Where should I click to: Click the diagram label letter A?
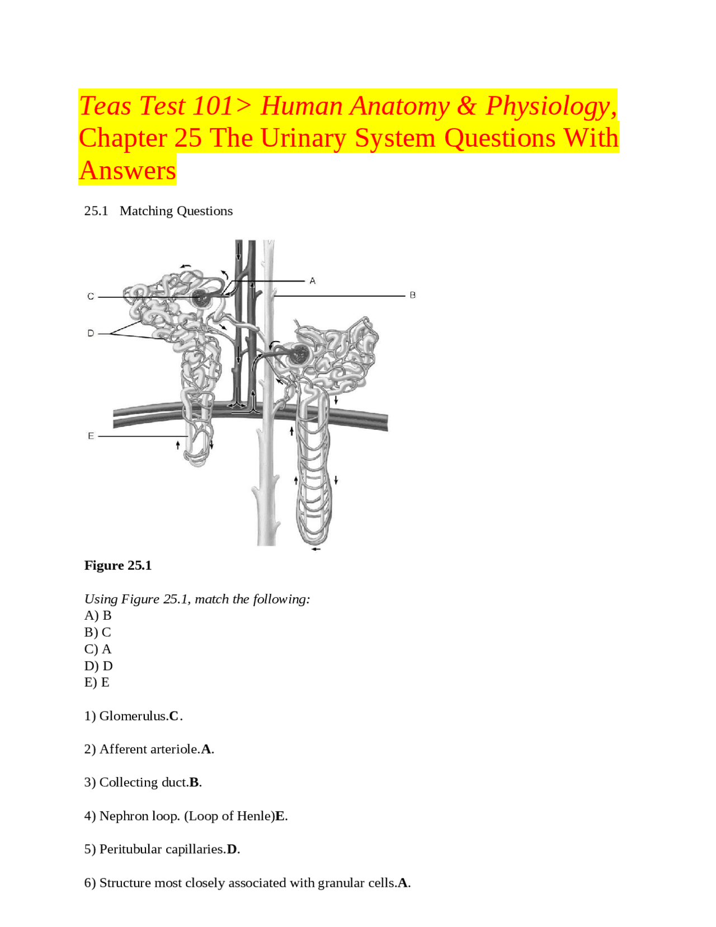pyautogui.click(x=313, y=280)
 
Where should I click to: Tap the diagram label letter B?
pyautogui.click(x=412, y=295)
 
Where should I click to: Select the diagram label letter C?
pyautogui.click(x=91, y=296)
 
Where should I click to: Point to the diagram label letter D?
pyautogui.click(x=91, y=333)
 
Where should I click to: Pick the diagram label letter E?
pyautogui.click(x=91, y=436)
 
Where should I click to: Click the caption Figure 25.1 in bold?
pyautogui.click(x=118, y=565)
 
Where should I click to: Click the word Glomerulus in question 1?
pyautogui.click(x=133, y=716)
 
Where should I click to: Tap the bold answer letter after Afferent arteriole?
pyautogui.click(x=206, y=749)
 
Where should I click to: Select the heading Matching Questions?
pyautogui.click(x=176, y=211)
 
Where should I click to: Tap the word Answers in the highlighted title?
pyautogui.click(x=128, y=171)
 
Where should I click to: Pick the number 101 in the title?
pyautogui.click(x=212, y=106)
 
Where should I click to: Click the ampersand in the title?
pyautogui.click(x=467, y=106)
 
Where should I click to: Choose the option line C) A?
pyautogui.click(x=98, y=649)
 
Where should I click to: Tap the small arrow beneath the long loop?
pyautogui.click(x=316, y=549)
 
